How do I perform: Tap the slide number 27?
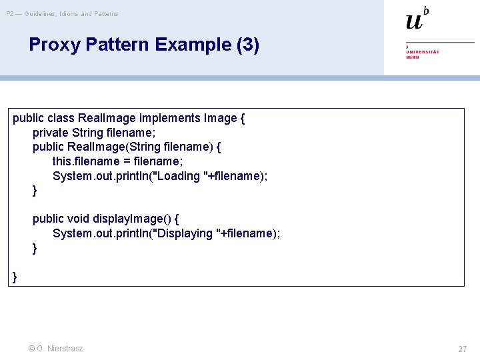coord(462,349)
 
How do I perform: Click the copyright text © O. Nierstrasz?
coord(56,348)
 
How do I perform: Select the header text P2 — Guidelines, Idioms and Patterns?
coord(63,13)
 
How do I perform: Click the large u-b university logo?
coord(417,19)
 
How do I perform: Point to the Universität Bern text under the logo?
coord(423,54)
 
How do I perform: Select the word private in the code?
coord(51,133)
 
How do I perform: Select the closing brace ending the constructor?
coord(35,191)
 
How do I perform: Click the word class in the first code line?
coord(61,118)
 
